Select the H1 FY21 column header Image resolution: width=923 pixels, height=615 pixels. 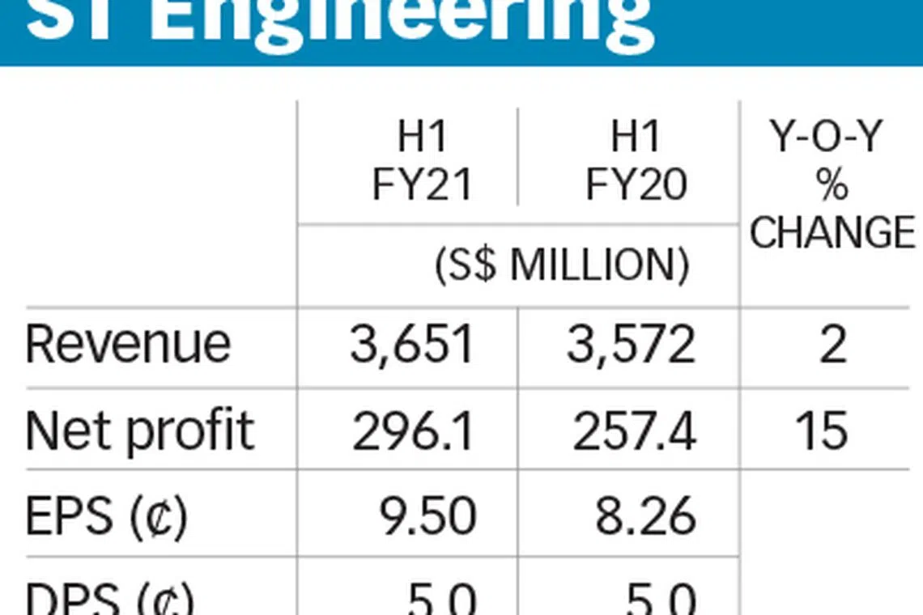point(421,162)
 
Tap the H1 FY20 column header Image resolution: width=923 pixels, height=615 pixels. point(636,162)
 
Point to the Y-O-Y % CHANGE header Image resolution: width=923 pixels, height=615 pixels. point(832,185)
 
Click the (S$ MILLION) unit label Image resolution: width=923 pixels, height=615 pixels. point(563,266)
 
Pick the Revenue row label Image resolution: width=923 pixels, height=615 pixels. point(128,344)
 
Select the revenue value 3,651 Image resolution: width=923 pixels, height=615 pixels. point(411,345)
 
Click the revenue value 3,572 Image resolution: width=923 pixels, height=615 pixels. point(630,345)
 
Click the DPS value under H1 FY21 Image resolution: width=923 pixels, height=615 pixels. point(441,599)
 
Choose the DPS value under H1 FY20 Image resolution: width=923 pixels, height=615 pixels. point(660,599)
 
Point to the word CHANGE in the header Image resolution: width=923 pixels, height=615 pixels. point(832,232)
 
